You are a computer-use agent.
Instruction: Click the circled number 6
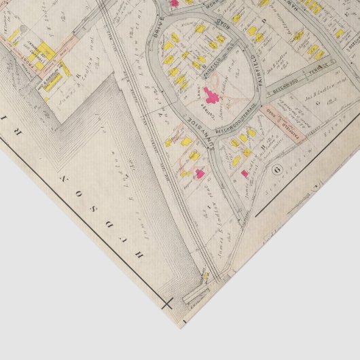(276, 168)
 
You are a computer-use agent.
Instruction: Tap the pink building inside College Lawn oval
(206, 92)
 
